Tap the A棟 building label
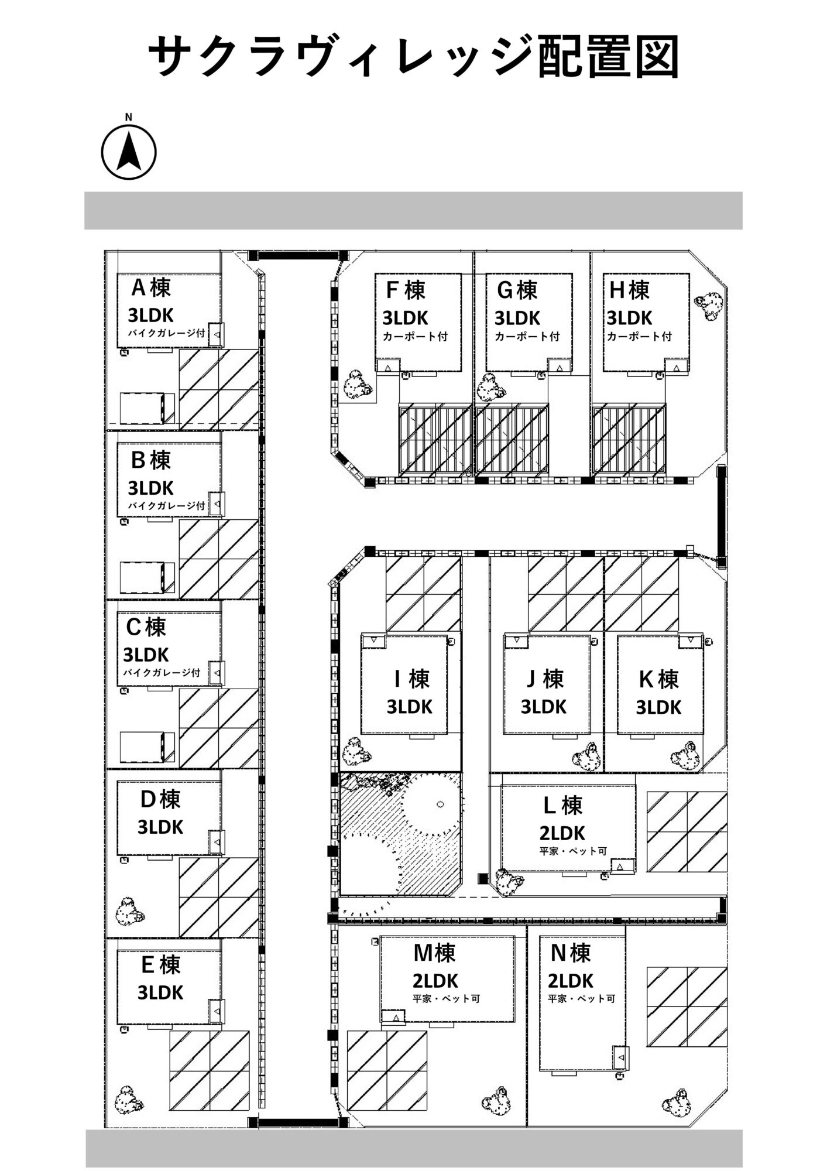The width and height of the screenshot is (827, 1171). tap(151, 287)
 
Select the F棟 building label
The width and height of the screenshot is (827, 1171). tap(406, 290)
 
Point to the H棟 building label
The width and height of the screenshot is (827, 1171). tap(629, 290)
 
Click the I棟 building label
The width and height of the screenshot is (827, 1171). tap(413, 679)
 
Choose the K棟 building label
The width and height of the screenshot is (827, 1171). tap(658, 680)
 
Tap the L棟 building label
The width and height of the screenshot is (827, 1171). tap(562, 806)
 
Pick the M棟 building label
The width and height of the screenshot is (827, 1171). tap(434, 954)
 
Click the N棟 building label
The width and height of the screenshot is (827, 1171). tap(570, 954)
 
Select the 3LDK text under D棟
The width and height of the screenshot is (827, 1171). tap(160, 827)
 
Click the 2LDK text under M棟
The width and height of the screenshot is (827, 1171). tap(435, 981)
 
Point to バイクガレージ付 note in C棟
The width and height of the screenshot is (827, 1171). tap(162, 673)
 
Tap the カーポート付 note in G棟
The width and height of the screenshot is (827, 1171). tap(527, 337)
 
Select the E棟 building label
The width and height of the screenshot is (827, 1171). tap(160, 965)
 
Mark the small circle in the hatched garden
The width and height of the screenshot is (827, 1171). tap(440, 804)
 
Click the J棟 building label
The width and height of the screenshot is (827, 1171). tap(544, 679)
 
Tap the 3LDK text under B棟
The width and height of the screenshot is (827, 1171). tap(150, 488)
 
